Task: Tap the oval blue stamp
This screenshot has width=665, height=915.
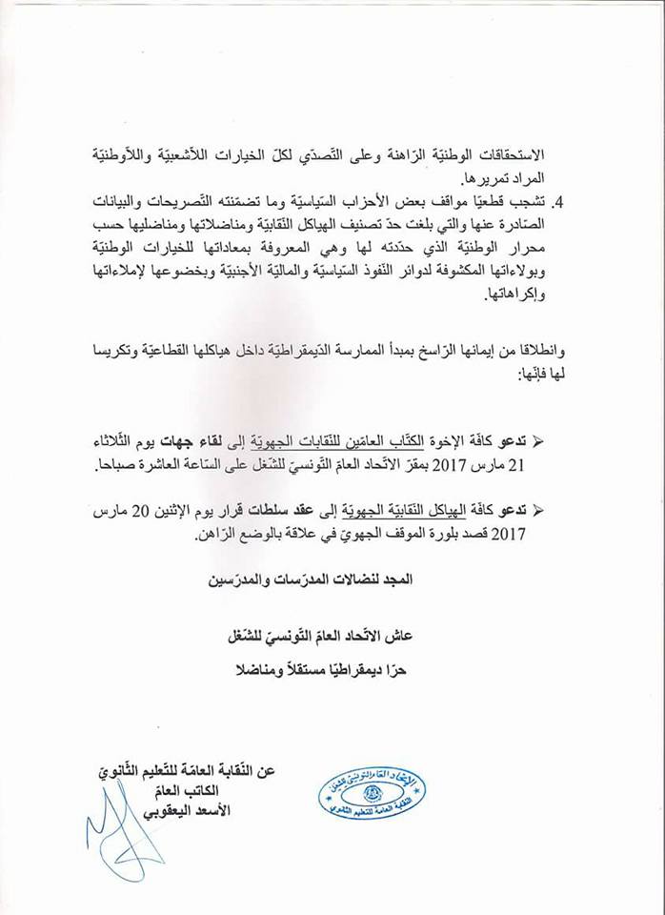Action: [x=371, y=793]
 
